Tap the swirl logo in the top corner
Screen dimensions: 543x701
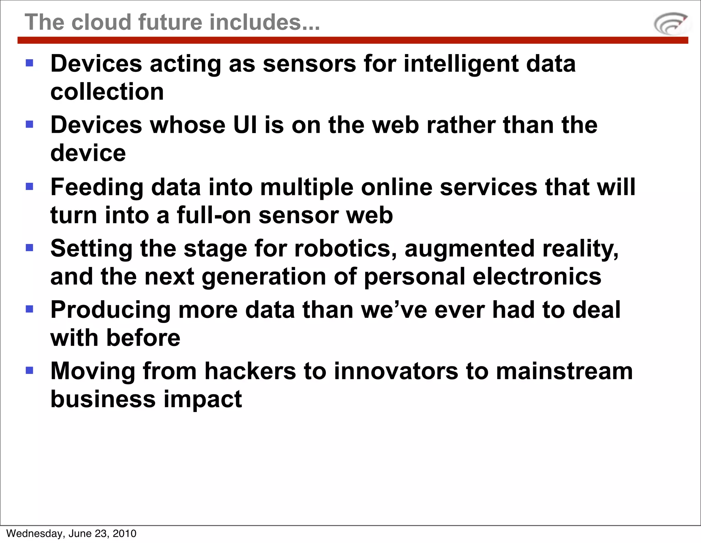[x=671, y=24]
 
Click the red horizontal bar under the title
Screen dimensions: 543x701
[x=353, y=40]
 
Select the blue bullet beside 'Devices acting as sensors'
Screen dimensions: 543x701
[x=29, y=63]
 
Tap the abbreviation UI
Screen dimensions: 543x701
[x=245, y=125]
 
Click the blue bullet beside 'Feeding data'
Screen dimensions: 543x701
[x=29, y=186]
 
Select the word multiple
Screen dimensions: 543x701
[x=307, y=188]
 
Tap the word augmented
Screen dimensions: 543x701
[x=470, y=249]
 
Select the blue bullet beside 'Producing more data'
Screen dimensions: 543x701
[x=29, y=309]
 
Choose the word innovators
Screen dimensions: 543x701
[x=396, y=371]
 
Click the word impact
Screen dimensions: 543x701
[x=203, y=400]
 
